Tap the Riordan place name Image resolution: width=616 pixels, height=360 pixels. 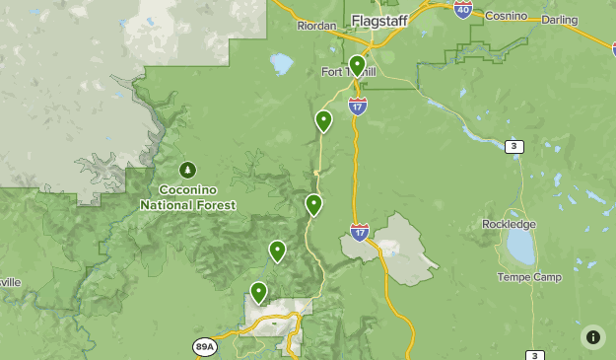tap(316, 27)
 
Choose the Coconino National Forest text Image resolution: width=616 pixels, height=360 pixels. tap(187, 197)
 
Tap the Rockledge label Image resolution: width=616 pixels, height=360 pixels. tap(510, 224)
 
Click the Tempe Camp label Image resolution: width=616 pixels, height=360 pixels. tap(529, 277)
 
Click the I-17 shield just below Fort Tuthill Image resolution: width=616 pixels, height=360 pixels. tap(358, 106)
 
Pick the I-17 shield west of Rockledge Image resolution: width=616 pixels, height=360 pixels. tap(360, 233)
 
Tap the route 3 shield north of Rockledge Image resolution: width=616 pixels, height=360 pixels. tap(513, 147)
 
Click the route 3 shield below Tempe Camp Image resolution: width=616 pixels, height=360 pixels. tap(535, 355)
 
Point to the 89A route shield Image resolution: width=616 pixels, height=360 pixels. tap(205, 347)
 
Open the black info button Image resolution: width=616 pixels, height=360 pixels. tap(592, 336)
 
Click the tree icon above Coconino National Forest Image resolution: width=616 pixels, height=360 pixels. tap(187, 170)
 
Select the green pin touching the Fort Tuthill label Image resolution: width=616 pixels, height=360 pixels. tap(357, 65)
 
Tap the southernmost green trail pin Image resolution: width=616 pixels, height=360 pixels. tap(258, 292)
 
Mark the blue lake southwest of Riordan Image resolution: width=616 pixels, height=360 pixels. tap(282, 64)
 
